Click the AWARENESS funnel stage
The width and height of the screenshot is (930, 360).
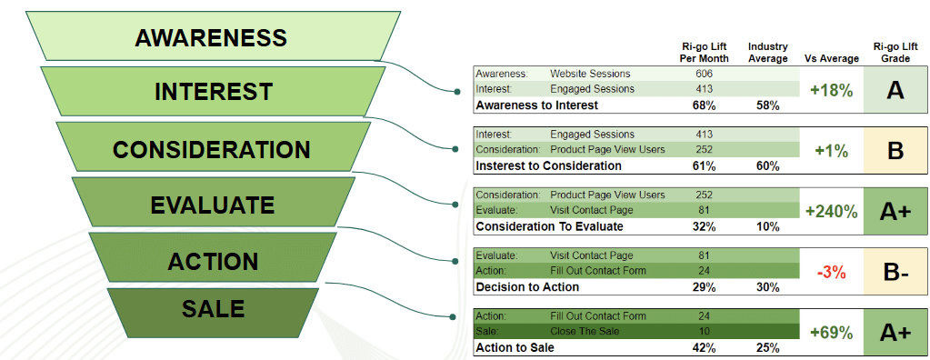tap(211, 36)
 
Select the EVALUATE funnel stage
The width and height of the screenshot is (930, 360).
tap(213, 205)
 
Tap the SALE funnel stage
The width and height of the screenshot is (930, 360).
tap(213, 309)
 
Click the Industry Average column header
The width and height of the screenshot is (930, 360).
tap(767, 52)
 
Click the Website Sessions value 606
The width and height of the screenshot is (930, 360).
tap(704, 74)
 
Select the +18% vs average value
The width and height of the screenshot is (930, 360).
tap(832, 90)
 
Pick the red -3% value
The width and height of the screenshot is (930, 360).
tap(832, 272)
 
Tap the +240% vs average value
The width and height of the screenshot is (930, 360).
tap(832, 211)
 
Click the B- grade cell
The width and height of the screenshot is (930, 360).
tap(895, 273)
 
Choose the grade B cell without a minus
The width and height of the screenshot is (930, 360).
tap(895, 151)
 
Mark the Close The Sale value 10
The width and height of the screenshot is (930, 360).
tap(704, 331)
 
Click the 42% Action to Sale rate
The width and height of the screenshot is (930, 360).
tap(704, 348)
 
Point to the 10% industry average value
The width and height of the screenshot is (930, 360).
tap(768, 226)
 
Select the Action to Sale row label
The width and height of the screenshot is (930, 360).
tap(515, 348)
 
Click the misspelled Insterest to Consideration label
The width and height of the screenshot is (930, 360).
tap(548, 166)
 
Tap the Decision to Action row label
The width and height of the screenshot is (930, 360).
tap(527, 287)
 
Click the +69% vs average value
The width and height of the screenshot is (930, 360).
tap(832, 333)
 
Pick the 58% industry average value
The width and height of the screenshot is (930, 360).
tap(768, 105)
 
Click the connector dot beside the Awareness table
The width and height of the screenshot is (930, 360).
tap(456, 91)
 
